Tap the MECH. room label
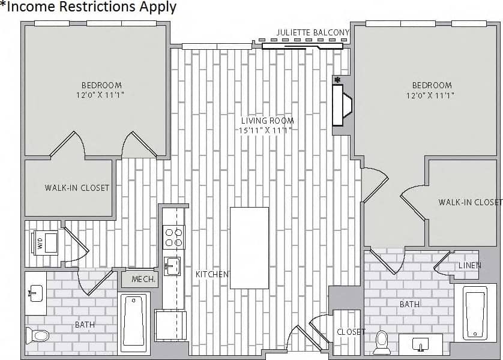(143, 279)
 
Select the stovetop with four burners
(174, 236)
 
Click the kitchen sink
(172, 266)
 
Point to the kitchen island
(249, 248)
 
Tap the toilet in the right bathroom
(382, 341)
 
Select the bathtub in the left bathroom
(134, 322)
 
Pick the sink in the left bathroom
(35, 294)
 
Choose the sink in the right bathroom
(420, 344)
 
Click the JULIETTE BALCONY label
(313, 32)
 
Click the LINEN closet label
(470, 265)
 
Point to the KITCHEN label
(212, 274)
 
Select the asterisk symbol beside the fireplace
(337, 79)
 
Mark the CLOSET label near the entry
(351, 332)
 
